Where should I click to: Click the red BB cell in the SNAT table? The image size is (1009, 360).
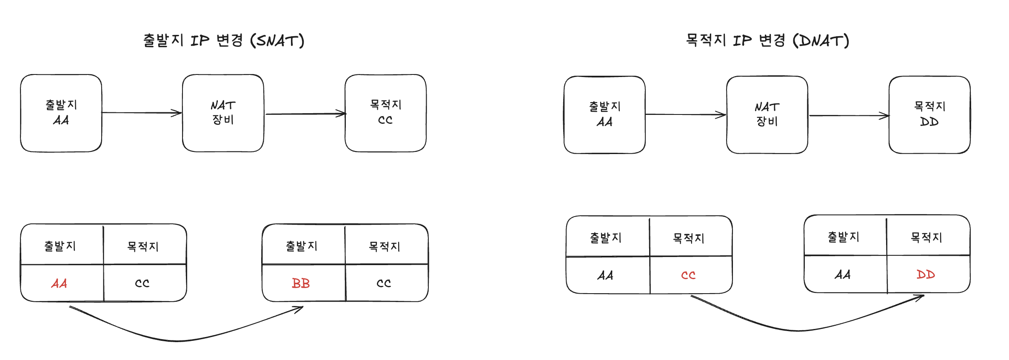click(301, 283)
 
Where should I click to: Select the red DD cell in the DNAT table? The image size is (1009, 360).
click(926, 274)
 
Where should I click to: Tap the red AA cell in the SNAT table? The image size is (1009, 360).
click(59, 283)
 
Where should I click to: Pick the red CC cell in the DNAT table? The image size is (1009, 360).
click(688, 275)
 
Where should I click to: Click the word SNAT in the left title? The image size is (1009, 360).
click(277, 41)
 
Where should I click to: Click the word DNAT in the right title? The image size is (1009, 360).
click(821, 41)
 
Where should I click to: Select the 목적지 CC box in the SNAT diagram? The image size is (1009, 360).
click(385, 113)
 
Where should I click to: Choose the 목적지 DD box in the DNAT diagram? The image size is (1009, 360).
click(929, 115)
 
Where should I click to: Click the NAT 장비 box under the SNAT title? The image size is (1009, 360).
click(223, 113)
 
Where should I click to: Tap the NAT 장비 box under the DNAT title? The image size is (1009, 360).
click(767, 115)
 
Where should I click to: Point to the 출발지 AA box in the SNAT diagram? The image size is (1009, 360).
click(61, 113)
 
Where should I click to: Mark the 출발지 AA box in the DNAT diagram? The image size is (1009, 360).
click(604, 115)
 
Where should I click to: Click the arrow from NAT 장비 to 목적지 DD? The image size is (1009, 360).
click(849, 116)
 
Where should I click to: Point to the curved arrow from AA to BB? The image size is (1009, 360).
click(179, 340)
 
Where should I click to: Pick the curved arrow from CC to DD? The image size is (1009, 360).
click(800, 330)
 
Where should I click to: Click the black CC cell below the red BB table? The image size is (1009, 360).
click(384, 283)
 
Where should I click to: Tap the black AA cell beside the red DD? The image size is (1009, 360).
click(843, 274)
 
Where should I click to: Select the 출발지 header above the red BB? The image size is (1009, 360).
click(302, 246)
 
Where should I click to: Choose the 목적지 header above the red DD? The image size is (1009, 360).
click(926, 237)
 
